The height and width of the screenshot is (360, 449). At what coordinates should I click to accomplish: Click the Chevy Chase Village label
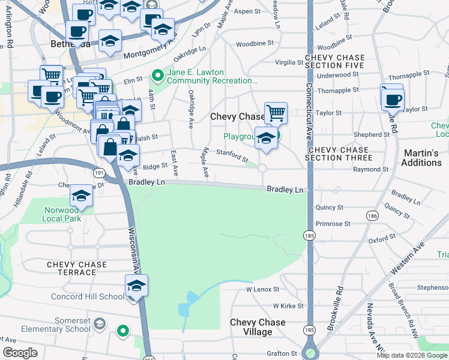pos(258,327)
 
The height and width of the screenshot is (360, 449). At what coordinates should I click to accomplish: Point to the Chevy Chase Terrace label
pos(71,268)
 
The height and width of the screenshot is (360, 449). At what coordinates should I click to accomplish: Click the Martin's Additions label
pos(422,158)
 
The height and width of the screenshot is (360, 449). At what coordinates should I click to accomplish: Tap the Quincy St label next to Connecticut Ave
pos(331,208)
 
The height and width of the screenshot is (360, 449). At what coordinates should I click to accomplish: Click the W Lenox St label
pos(264,289)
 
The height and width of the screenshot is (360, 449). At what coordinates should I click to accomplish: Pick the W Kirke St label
pos(288,306)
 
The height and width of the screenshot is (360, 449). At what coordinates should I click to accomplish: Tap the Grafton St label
pos(282,354)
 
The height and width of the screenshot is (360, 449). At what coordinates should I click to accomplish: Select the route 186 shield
pos(373,215)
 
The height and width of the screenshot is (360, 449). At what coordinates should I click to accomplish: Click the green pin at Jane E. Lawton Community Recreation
pos(158,76)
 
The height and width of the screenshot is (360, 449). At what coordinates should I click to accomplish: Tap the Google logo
pos(20,353)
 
